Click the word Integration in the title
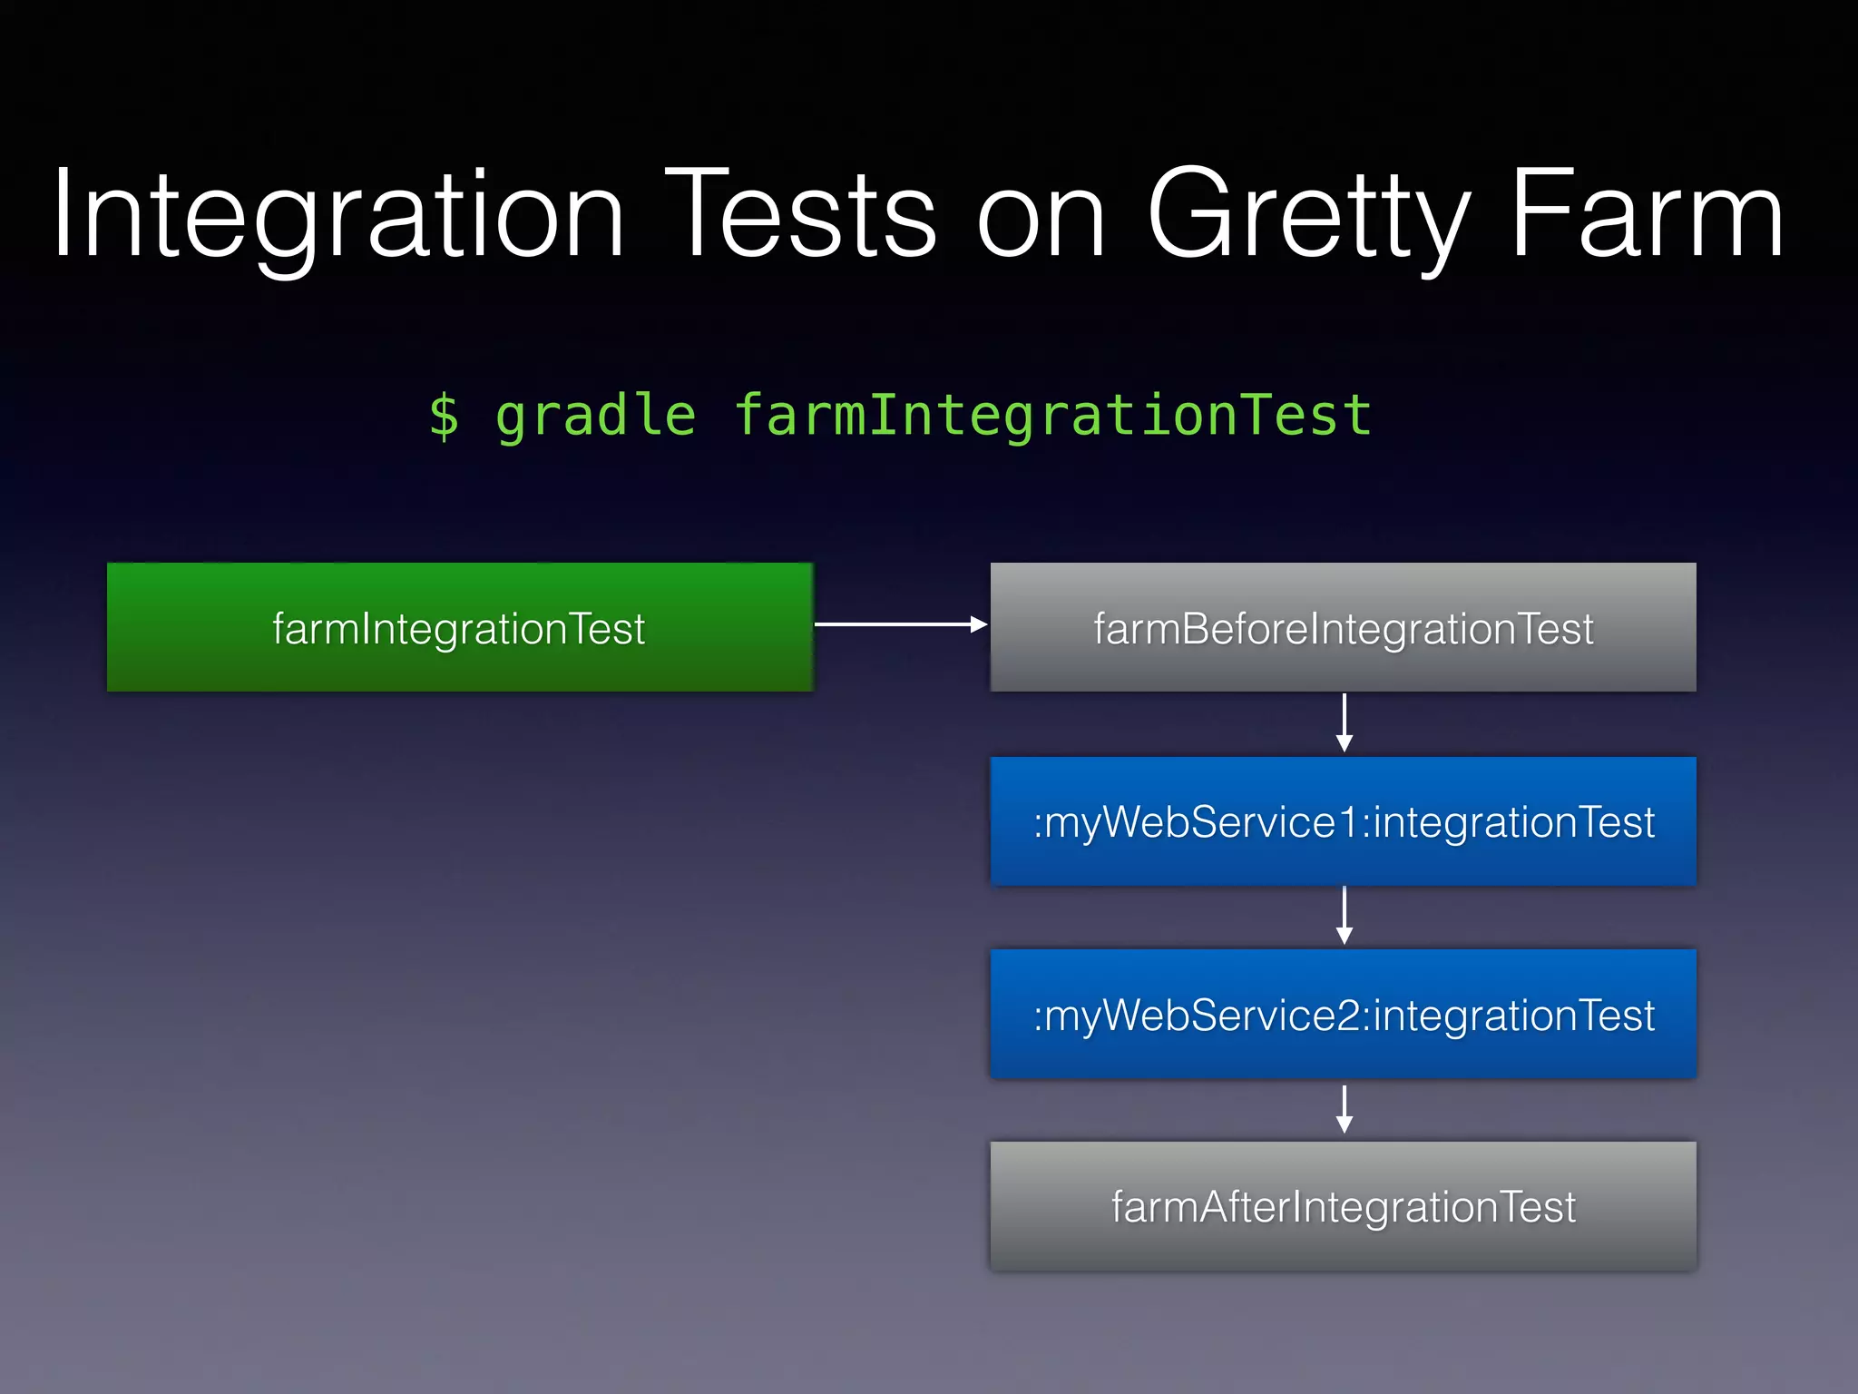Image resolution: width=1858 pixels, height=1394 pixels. coord(337,216)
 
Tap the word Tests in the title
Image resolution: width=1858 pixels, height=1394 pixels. coord(800,216)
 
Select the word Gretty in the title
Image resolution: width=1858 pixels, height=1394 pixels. coord(1307,216)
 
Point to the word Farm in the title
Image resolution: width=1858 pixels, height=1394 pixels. coord(1647,216)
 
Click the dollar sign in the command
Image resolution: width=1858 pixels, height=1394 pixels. coord(444,417)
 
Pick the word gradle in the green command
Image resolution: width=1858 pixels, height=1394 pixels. coord(595,417)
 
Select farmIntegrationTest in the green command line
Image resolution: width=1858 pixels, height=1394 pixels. coord(1052,417)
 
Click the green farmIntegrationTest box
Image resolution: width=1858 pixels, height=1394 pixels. coord(460,627)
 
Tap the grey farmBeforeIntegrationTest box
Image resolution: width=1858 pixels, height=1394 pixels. coord(1343,627)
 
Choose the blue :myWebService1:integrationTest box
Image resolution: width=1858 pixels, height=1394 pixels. coord(1343,821)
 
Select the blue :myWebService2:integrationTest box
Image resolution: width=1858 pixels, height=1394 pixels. coord(1343,1014)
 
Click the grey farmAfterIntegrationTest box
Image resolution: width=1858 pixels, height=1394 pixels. coord(1343,1206)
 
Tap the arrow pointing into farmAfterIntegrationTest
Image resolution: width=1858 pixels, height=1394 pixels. coord(1345,1109)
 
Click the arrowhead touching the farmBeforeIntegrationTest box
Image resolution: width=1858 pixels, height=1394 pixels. coord(979,624)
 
